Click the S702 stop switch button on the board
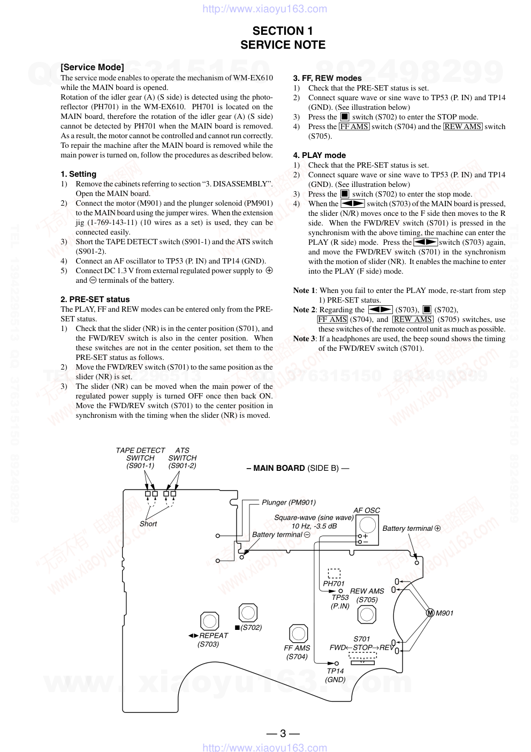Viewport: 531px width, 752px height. point(248,613)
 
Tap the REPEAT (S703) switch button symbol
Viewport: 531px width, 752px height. point(210,621)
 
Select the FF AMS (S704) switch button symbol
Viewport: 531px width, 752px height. point(298,634)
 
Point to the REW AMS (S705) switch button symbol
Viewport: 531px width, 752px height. point(367,614)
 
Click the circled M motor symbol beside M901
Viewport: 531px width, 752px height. point(430,613)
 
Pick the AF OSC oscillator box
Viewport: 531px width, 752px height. point(367,531)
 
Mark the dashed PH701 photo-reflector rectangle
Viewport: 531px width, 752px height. point(334,573)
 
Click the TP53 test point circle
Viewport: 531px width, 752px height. point(340,591)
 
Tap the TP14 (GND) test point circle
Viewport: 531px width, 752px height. point(337,664)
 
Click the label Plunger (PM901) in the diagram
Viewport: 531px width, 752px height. point(289,502)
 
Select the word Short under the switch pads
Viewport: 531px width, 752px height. point(148,524)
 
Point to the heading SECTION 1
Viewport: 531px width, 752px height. point(283,31)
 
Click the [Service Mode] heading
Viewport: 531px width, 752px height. point(92,67)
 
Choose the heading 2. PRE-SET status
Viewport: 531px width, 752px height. point(95,299)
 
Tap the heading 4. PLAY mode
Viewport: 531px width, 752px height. point(319,155)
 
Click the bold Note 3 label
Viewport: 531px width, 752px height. point(304,339)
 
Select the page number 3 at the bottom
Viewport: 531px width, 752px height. point(283,733)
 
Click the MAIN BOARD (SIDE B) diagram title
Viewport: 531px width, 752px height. point(298,468)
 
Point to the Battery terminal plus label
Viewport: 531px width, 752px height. point(411,528)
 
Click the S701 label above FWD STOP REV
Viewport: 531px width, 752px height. point(361,638)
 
